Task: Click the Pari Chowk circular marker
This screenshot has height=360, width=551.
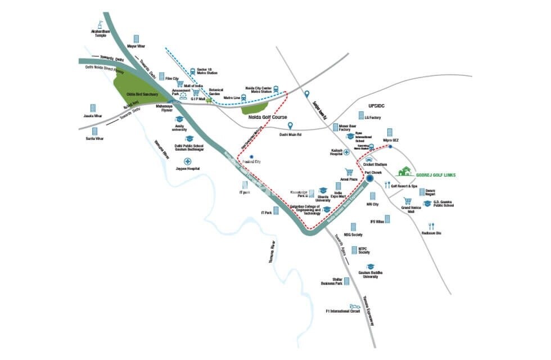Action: point(370,179)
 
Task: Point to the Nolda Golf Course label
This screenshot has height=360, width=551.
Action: point(265,118)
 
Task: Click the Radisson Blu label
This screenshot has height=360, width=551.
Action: point(431,233)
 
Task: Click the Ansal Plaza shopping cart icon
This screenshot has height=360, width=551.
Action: point(349,172)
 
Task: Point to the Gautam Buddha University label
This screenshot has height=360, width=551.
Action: point(371,274)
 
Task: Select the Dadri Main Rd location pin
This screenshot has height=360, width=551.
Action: point(291,126)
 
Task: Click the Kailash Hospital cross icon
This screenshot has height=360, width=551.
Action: point(347,152)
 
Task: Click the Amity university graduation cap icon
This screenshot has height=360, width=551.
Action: point(179,119)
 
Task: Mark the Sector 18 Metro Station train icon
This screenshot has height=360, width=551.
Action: point(193,71)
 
